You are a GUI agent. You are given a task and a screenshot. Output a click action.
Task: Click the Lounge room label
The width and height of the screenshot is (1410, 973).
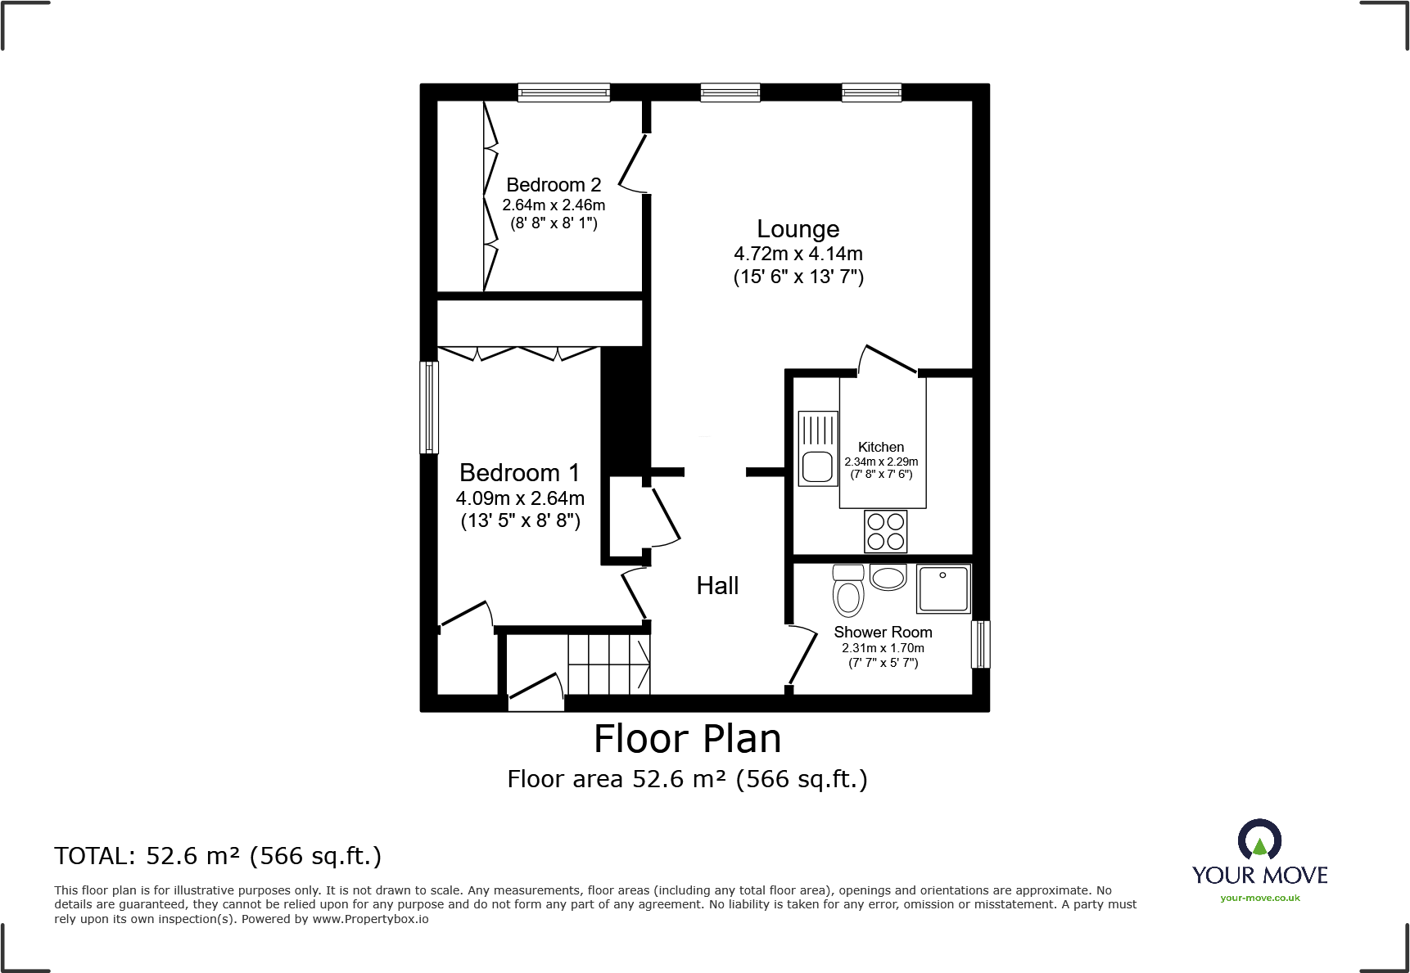click(x=798, y=229)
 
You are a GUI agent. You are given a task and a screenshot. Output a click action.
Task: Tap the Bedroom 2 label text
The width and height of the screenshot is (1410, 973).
click(x=554, y=185)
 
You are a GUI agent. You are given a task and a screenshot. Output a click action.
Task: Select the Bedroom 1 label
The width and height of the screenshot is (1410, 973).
click(x=519, y=473)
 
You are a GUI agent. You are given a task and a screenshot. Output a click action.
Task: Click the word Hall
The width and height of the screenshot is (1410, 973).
click(x=717, y=586)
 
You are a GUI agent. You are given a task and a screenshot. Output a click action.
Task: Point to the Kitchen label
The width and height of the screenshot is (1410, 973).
click(x=881, y=447)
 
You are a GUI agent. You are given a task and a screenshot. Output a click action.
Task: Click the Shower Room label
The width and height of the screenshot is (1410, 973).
click(x=883, y=632)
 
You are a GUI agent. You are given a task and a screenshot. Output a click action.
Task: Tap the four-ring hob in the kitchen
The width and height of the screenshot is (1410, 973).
click(x=886, y=531)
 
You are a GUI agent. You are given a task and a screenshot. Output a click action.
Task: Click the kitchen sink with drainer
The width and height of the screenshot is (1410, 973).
click(x=818, y=448)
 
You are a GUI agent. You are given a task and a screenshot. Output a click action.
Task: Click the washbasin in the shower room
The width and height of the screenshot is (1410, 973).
click(x=888, y=578)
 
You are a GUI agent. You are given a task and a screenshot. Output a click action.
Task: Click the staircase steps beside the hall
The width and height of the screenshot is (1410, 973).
click(x=609, y=664)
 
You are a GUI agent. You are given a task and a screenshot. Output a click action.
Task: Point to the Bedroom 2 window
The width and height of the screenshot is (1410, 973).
click(x=563, y=92)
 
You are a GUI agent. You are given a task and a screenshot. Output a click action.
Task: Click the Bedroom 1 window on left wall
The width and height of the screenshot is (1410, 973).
click(x=429, y=408)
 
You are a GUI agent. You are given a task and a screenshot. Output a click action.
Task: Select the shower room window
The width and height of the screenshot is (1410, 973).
click(x=980, y=644)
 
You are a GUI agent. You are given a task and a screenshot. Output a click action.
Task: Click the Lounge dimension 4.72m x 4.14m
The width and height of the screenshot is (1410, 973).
click(x=798, y=255)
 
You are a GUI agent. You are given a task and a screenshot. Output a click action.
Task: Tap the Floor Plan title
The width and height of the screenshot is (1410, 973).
click(x=687, y=739)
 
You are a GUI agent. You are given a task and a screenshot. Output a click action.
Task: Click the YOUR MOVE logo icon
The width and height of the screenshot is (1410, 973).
click(x=1259, y=840)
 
